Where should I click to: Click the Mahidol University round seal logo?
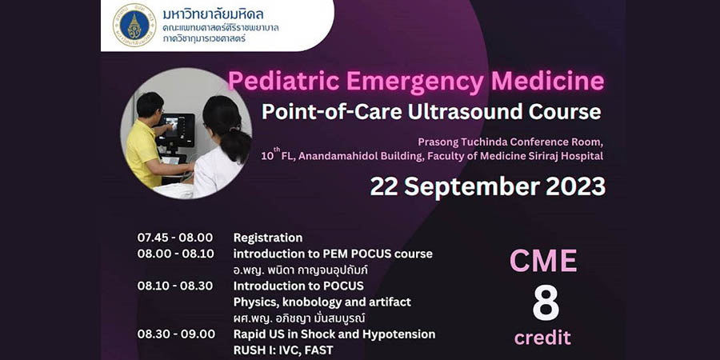pos(134,25)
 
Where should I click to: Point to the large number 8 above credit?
pos(546,302)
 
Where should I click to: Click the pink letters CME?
pos(544,261)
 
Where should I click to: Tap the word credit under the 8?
pos(542,338)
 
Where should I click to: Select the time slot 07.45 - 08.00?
pos(175,238)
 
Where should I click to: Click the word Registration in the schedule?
pos(268,238)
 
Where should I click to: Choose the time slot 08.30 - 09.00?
pos(176,334)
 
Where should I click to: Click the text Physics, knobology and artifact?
pos(322,302)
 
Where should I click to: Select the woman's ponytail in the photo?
pos(237,142)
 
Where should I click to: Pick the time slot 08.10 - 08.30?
pos(175,286)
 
